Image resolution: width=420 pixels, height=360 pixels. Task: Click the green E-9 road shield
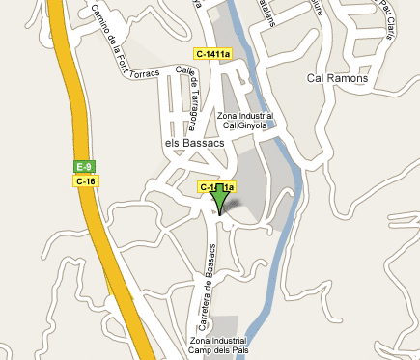click(x=85, y=167)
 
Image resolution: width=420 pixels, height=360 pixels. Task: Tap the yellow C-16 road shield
click(x=85, y=180)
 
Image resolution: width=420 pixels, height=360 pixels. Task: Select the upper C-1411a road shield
click(x=212, y=54)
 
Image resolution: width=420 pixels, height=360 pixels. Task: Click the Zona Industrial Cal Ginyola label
click(x=245, y=120)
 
